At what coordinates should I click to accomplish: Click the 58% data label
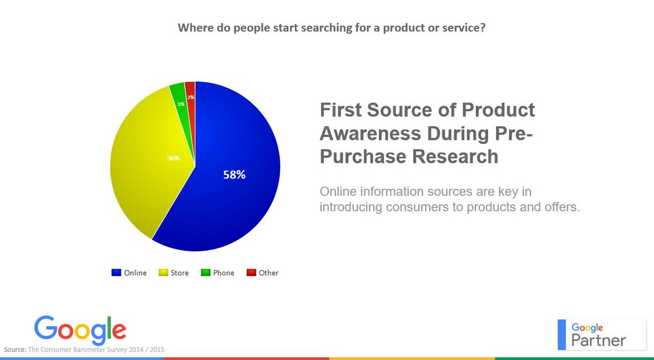[x=234, y=175]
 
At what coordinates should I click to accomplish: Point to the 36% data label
[x=173, y=158]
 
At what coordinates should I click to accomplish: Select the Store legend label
[x=179, y=273]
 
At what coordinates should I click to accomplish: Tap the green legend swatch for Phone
[x=205, y=272]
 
